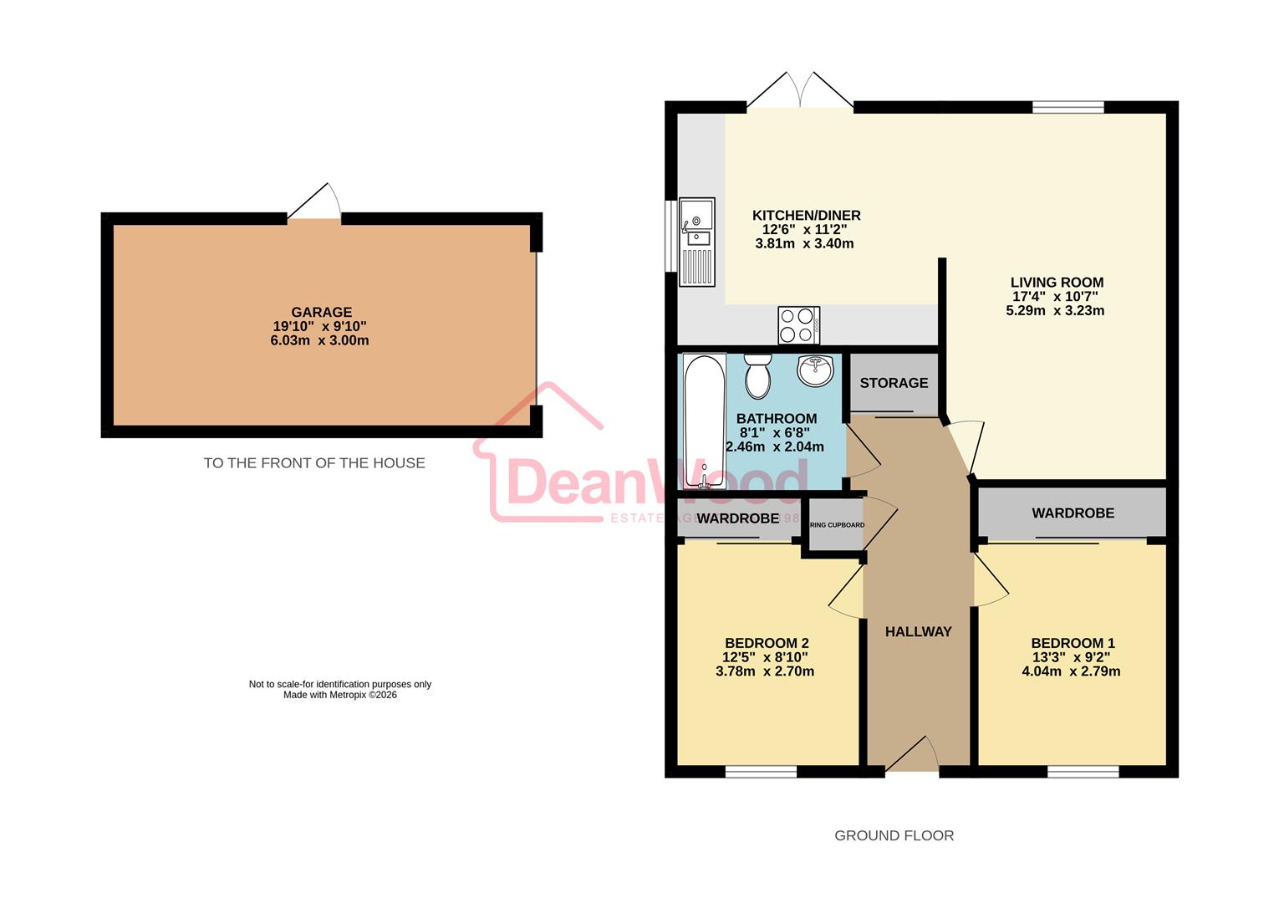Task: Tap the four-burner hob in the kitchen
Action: [798, 325]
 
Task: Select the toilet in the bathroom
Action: [757, 376]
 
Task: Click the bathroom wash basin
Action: [815, 370]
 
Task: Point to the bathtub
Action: [704, 421]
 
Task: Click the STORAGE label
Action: [894, 383]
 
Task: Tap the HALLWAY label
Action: [918, 632]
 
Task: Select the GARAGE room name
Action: [321, 313]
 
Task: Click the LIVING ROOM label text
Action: [1057, 283]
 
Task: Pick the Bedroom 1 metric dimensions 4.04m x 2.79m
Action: [1071, 671]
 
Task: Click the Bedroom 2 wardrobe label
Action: [737, 519]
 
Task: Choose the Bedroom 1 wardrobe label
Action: [1073, 513]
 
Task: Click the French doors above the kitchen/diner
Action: [800, 92]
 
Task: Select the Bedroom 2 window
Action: [761, 772]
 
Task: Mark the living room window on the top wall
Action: [1068, 107]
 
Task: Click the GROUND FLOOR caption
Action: [894, 835]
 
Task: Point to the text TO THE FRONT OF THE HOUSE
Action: [314, 463]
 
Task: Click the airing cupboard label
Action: [836, 525]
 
